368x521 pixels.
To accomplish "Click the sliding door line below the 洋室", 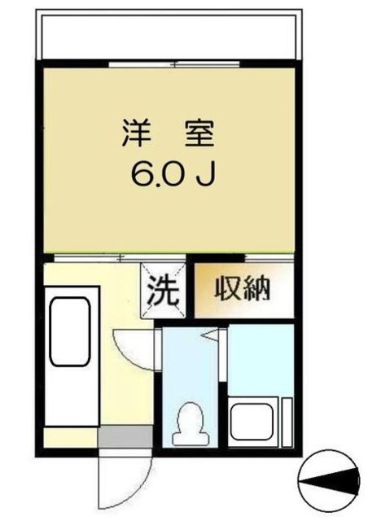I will pos(122,257).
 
